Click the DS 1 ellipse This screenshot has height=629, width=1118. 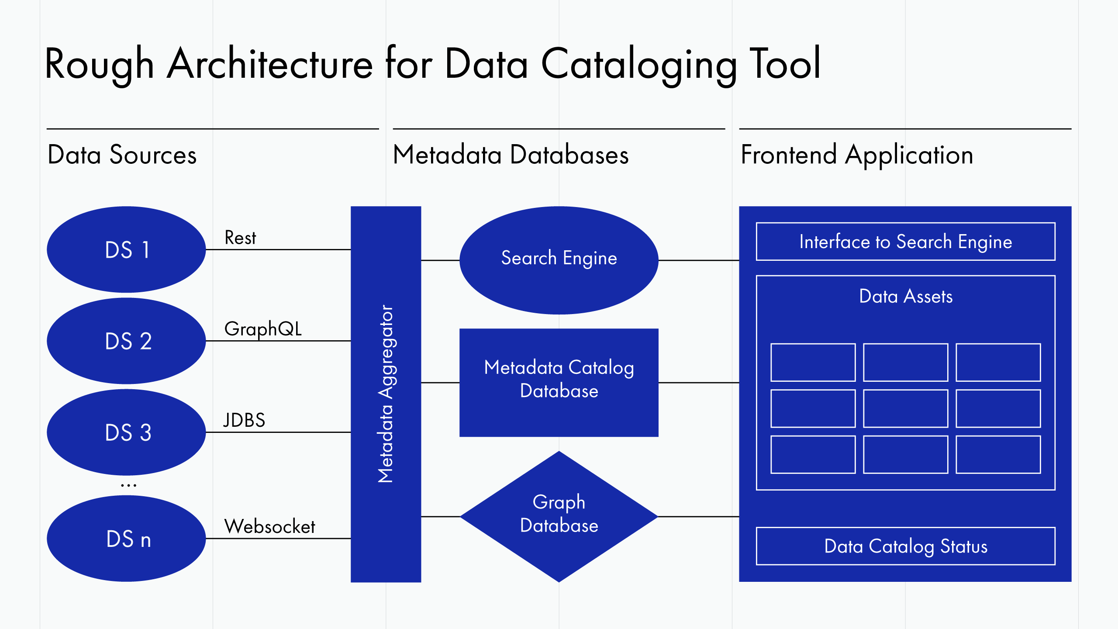pos(126,249)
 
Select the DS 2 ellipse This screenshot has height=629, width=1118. pos(126,341)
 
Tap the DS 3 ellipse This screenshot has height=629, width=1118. pos(126,432)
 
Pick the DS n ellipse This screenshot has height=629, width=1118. pos(126,538)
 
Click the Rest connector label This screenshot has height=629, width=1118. pos(240,238)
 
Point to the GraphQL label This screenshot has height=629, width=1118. pos(263,329)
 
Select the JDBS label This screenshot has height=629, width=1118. pos(244,420)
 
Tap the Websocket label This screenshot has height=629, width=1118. pos(269,526)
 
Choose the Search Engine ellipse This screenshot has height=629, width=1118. pos(559,260)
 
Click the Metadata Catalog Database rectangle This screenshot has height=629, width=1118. pos(559,382)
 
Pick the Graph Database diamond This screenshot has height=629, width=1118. pos(559,516)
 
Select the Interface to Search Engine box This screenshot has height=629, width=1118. pos(905,242)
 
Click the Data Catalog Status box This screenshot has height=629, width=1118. pos(905,546)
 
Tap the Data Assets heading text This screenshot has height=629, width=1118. pos(905,297)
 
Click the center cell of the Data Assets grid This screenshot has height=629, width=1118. pos(905,408)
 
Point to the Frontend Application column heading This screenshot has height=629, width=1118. pos(857,155)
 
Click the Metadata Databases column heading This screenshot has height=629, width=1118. pos(511,155)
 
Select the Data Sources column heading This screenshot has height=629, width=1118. pos(122,155)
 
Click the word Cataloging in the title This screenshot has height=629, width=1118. pos(639,65)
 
